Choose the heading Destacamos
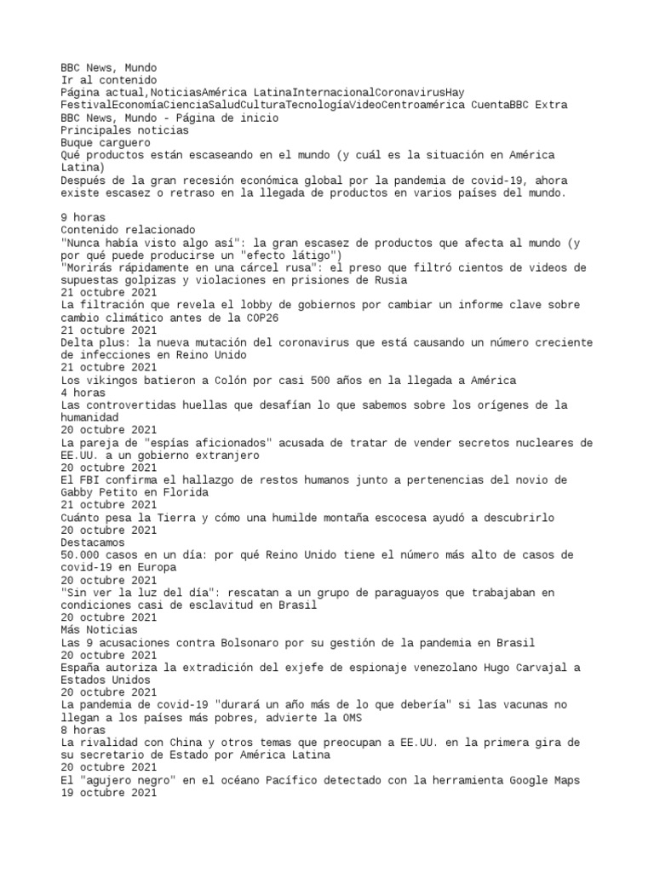[x=93, y=542]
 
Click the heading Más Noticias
[x=100, y=629]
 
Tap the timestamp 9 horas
[x=83, y=218]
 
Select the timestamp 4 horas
[x=83, y=393]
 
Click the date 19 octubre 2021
[x=108, y=792]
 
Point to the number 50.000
[x=83, y=554]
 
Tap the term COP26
[x=261, y=318]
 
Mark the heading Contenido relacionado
[x=128, y=230]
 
